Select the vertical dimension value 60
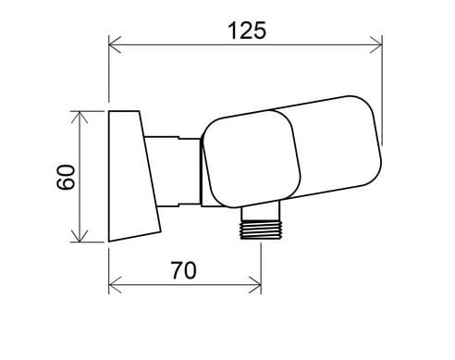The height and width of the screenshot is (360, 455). coord(65,177)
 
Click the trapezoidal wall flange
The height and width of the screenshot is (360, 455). coord(130,176)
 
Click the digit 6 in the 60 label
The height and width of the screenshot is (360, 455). coord(65,185)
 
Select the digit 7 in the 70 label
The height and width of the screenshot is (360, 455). coord(178,270)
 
